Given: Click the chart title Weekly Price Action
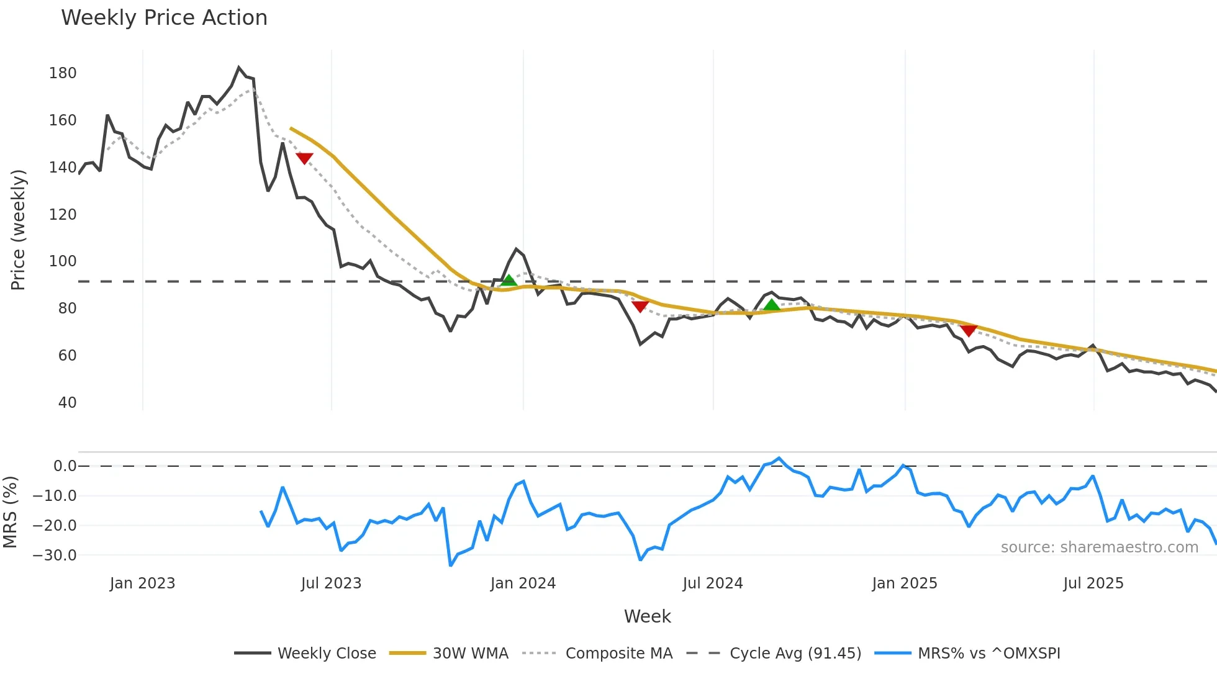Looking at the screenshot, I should click(164, 18).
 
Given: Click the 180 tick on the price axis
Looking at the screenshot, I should click(63, 73).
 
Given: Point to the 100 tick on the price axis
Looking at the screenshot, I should click(63, 261).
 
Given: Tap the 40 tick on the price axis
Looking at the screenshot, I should click(67, 403).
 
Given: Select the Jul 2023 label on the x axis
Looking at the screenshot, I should click(331, 583).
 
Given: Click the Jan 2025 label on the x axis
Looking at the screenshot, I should click(904, 583).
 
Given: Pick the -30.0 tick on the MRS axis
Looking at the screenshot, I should click(55, 556).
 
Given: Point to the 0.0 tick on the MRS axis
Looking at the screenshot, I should click(65, 466).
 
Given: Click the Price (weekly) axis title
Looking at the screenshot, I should click(19, 230).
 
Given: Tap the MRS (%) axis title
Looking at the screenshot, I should click(11, 512).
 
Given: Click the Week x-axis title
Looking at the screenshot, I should click(647, 616).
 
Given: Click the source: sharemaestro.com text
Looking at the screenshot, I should click(1099, 547).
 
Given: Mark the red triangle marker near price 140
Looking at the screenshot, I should click(304, 158).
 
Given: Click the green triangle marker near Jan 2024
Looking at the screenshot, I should click(509, 281).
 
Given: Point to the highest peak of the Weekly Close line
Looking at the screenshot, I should click(239, 67).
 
